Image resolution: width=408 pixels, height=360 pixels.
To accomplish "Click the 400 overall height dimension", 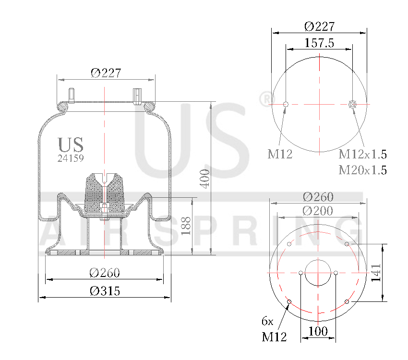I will click(204, 179).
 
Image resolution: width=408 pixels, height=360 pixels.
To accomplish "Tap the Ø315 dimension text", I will click(105, 290).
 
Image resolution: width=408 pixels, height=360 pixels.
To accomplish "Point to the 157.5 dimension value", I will click(319, 43).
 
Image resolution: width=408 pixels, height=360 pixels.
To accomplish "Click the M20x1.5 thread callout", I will click(362, 170).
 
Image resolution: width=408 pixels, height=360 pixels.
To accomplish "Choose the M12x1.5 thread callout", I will click(362, 154).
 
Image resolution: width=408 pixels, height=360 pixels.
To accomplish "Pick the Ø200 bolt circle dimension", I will click(318, 210).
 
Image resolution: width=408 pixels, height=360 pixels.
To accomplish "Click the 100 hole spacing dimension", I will click(318, 331).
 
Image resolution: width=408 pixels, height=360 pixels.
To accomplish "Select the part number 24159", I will click(71, 158).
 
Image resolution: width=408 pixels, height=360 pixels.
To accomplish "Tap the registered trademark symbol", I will click(265, 99).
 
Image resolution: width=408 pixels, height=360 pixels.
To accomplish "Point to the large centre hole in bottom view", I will click(318, 273).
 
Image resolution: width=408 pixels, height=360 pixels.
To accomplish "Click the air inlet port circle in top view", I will click(353, 104).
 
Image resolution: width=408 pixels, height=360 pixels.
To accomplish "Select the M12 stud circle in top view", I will click(286, 104).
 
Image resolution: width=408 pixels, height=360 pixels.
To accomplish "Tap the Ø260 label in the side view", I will click(105, 273).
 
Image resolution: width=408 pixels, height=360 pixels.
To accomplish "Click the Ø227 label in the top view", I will click(319, 26).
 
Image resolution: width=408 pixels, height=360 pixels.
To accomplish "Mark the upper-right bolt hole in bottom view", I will click(347, 244).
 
